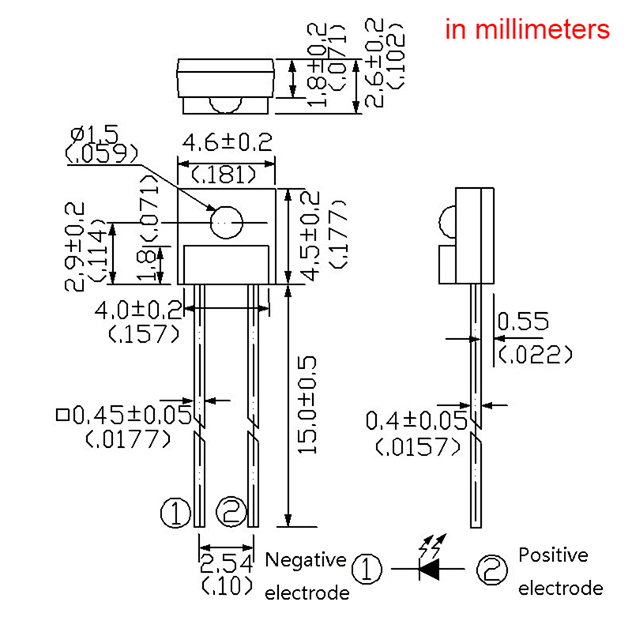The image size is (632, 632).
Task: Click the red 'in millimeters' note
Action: point(528,30)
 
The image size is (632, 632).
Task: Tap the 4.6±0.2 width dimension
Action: point(227,143)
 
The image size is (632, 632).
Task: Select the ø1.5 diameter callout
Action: point(92,132)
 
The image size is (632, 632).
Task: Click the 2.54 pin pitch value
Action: point(227,563)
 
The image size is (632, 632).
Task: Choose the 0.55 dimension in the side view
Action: point(523,322)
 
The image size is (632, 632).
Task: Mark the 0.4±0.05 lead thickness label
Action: point(418,421)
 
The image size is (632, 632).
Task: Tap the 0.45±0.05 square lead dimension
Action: point(126,414)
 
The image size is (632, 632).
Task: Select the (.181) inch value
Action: point(226,175)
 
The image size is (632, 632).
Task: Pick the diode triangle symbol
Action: point(431,566)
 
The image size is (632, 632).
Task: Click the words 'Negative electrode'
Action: point(307,576)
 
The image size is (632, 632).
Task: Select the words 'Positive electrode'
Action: point(559,571)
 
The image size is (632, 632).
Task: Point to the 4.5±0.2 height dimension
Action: point(310,235)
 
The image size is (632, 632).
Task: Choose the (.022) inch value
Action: point(534,355)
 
